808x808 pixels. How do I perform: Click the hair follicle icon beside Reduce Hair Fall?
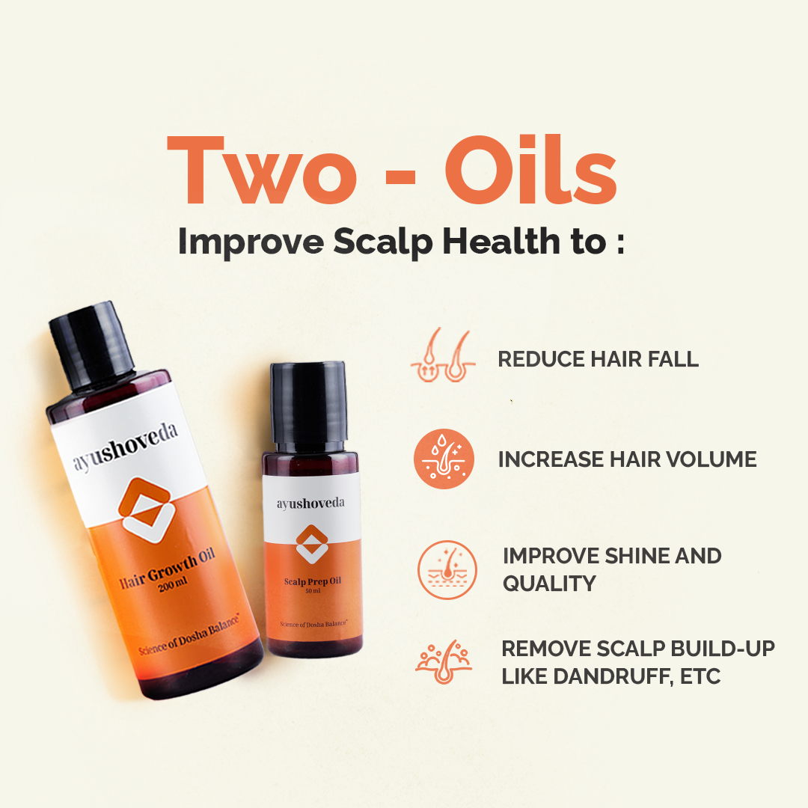[x=443, y=357]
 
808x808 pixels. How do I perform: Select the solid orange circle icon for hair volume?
[x=444, y=459]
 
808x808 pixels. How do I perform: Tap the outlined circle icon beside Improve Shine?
[x=447, y=569]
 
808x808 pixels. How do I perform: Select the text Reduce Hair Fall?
[x=598, y=359]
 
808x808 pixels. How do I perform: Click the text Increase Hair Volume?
[x=627, y=459]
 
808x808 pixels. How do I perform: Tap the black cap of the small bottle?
[x=307, y=402]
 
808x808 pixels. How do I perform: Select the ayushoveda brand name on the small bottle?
[x=311, y=504]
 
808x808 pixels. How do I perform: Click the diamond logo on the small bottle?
[x=312, y=545]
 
